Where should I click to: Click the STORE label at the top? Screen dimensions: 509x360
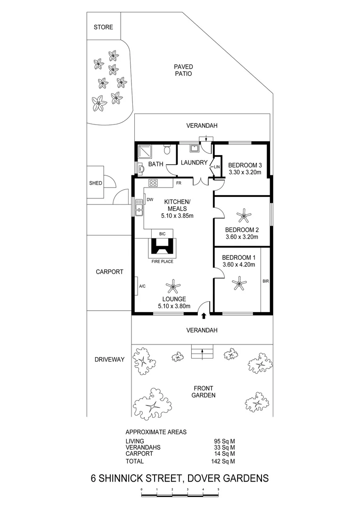coord(103,27)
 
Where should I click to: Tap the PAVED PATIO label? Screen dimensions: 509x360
coord(184,71)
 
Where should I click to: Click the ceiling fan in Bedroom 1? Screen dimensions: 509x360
coord(239,283)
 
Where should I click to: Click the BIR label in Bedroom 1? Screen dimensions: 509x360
coord(265,281)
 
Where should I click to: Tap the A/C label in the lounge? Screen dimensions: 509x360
coord(142,286)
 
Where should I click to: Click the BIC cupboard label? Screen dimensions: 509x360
coord(162,234)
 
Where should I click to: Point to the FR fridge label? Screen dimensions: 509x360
coord(179,182)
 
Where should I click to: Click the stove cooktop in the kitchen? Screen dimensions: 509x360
coord(154,182)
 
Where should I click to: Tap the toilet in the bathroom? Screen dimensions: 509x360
coord(166,150)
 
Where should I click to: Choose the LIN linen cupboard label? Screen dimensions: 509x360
coord(217,167)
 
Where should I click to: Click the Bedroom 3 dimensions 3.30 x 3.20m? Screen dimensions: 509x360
coord(245,172)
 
